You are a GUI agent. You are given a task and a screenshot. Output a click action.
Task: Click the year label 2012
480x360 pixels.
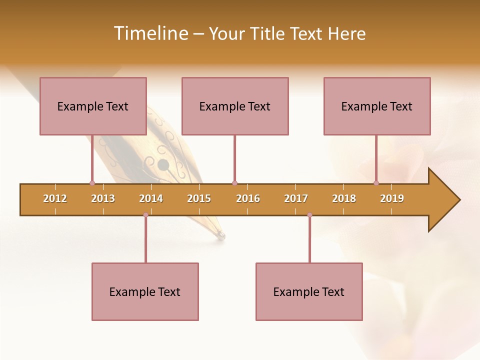(55, 198)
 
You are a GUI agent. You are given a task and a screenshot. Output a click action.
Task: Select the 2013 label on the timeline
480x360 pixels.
(103, 198)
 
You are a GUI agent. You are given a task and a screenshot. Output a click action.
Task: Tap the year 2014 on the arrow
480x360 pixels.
(151, 198)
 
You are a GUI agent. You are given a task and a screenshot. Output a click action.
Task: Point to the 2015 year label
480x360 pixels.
(199, 198)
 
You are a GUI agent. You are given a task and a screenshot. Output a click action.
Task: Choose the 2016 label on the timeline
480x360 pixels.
(248, 198)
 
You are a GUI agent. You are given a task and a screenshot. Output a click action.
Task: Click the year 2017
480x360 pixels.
(296, 198)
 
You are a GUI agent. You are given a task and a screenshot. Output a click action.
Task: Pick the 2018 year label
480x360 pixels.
(344, 198)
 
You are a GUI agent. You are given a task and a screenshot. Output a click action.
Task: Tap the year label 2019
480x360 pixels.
(392, 198)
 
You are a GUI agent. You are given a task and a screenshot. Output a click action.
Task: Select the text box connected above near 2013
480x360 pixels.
(93, 106)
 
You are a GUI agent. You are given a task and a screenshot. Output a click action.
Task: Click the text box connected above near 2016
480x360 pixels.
(235, 106)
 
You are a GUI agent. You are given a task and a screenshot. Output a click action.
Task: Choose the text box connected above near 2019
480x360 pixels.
(377, 106)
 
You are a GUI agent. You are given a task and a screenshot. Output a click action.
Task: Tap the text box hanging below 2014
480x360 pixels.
(145, 291)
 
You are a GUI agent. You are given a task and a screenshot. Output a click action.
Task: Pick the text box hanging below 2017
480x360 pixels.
(309, 291)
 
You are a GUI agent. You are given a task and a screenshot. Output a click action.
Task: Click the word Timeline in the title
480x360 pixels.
(149, 33)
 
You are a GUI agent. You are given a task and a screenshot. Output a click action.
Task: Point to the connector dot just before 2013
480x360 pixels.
(92, 183)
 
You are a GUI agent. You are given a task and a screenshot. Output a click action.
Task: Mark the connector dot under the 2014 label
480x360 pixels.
(145, 215)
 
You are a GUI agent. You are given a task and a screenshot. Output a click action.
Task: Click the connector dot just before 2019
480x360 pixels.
(376, 183)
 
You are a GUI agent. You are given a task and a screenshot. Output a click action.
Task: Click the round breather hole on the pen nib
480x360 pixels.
(163, 164)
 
